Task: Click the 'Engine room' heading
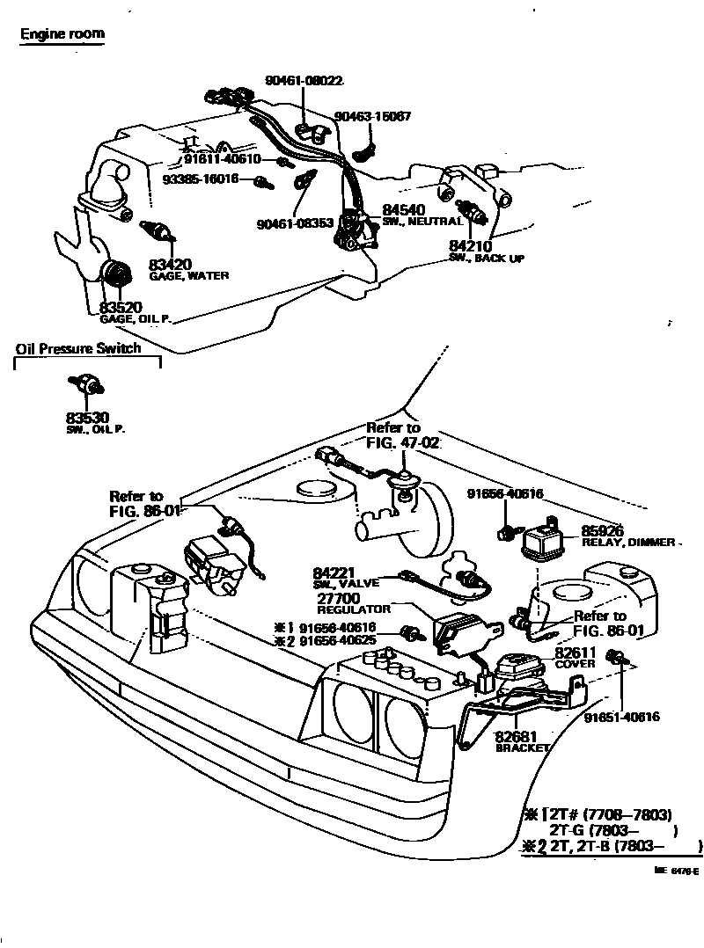point(62,35)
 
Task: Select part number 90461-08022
point(304,80)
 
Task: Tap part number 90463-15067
point(372,116)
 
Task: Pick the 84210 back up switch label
point(470,246)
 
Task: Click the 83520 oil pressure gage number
point(121,307)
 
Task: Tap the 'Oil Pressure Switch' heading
point(78,348)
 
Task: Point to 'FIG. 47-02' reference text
point(402,441)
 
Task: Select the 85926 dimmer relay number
point(602,531)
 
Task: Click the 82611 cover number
point(575,653)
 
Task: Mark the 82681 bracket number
point(516,736)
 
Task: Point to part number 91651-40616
point(622,717)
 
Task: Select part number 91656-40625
point(338,641)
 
